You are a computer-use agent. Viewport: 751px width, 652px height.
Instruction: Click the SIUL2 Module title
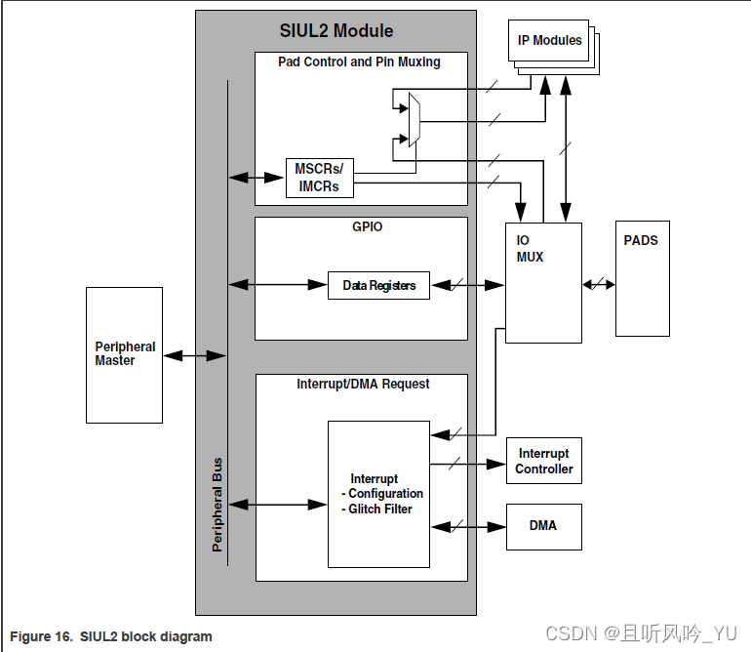pyautogui.click(x=336, y=31)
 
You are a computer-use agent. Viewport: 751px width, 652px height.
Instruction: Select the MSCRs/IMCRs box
pyautogui.click(x=319, y=178)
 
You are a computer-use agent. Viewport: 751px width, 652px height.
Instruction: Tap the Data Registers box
pyautogui.click(x=378, y=286)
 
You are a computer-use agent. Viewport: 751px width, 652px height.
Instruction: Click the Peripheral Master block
pyautogui.click(x=124, y=354)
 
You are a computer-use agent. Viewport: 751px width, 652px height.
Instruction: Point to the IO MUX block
pyautogui.click(x=543, y=283)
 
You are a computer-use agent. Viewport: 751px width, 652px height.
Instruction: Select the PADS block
pyautogui.click(x=642, y=279)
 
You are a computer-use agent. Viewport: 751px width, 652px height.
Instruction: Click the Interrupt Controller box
pyautogui.click(x=543, y=462)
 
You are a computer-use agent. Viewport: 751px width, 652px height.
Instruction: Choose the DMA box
pyautogui.click(x=543, y=526)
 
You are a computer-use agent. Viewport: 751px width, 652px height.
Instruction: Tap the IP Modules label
pyautogui.click(x=549, y=41)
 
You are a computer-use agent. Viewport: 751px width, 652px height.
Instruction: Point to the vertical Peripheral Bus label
pyautogui.click(x=217, y=504)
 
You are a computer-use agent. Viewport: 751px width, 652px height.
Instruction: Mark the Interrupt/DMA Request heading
pyautogui.click(x=363, y=385)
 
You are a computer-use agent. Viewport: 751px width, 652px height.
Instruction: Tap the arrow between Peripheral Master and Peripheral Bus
pyautogui.click(x=185, y=357)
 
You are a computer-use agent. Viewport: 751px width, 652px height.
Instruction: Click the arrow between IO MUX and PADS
pyautogui.click(x=599, y=285)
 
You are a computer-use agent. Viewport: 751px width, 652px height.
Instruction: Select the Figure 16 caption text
pyautogui.click(x=111, y=636)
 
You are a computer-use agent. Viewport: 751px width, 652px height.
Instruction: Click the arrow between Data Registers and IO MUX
pyautogui.click(x=467, y=286)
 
